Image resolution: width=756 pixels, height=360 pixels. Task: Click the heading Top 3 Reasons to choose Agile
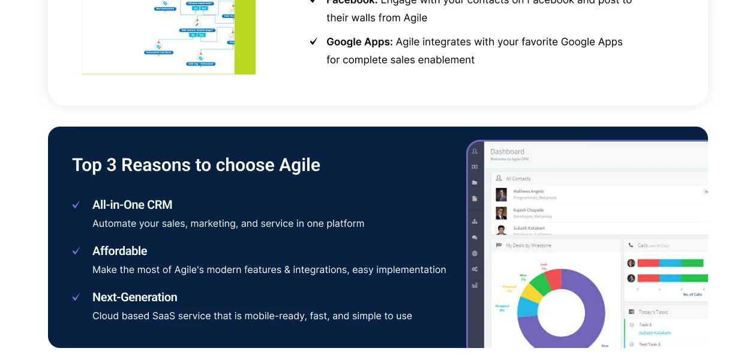196,165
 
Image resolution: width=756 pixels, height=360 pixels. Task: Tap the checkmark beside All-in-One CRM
76,205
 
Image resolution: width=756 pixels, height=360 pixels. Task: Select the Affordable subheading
119,251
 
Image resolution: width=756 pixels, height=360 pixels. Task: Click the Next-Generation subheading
134,297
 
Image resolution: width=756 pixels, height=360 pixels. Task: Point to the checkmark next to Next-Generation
76,298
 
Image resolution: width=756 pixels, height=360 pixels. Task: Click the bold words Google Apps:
359,42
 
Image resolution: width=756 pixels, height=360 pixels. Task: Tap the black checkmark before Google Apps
313,41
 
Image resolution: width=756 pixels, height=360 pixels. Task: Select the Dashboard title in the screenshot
507,152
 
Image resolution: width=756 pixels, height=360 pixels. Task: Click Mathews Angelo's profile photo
501,194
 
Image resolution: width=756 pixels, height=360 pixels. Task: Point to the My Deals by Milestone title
528,245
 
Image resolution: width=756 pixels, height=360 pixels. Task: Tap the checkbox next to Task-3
632,325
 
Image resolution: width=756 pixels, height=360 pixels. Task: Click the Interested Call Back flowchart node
158,52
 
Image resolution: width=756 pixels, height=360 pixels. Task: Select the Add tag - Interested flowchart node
200,64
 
